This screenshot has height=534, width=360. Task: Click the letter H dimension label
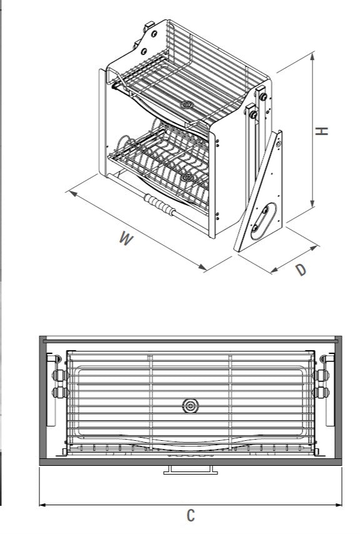(321, 131)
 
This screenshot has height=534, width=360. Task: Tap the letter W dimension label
(126, 238)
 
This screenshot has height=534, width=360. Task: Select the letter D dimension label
(301, 270)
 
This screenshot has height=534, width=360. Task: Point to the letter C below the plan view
(191, 515)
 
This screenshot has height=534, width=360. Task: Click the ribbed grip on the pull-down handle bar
(159, 204)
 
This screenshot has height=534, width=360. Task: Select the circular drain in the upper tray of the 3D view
(187, 104)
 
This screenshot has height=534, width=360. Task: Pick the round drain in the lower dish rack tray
(187, 177)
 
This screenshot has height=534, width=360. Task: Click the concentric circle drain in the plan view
(191, 406)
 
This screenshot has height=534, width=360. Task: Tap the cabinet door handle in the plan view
(191, 470)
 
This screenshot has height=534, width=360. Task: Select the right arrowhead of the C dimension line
(339, 505)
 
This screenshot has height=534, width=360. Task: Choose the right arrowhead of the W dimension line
(202, 268)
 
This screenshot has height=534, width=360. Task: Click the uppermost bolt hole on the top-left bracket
(154, 34)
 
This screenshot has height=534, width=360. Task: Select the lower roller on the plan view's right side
(321, 392)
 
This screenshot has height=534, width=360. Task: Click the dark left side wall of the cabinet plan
(43, 398)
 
